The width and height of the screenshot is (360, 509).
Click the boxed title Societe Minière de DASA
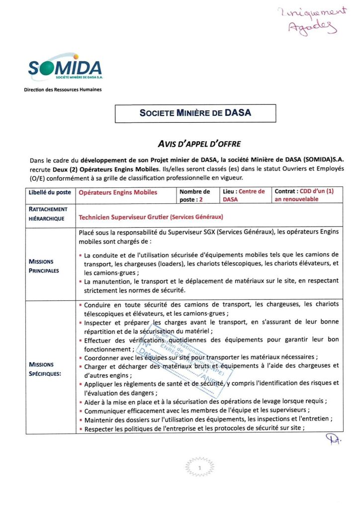(195, 113)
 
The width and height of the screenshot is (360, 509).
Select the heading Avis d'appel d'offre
(199, 144)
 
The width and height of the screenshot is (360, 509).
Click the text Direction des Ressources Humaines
(63, 90)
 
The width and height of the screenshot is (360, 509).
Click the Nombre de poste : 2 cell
(198, 195)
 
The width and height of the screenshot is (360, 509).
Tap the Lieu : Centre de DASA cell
(245, 195)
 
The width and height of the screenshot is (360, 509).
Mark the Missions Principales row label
(44, 266)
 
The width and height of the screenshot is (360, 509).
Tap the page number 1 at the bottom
(199, 468)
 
